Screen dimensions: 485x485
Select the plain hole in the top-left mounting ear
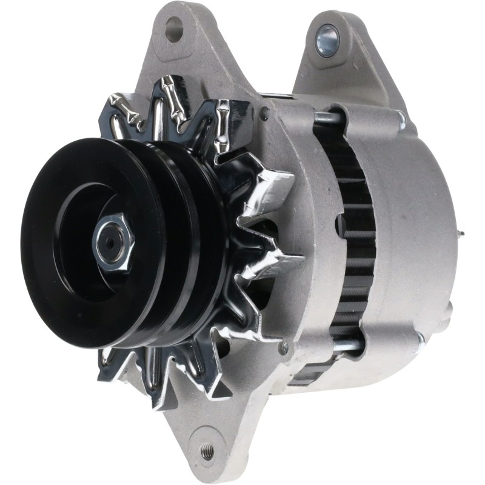tap(174, 27)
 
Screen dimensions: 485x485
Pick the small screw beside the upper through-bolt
tap(264, 113)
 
